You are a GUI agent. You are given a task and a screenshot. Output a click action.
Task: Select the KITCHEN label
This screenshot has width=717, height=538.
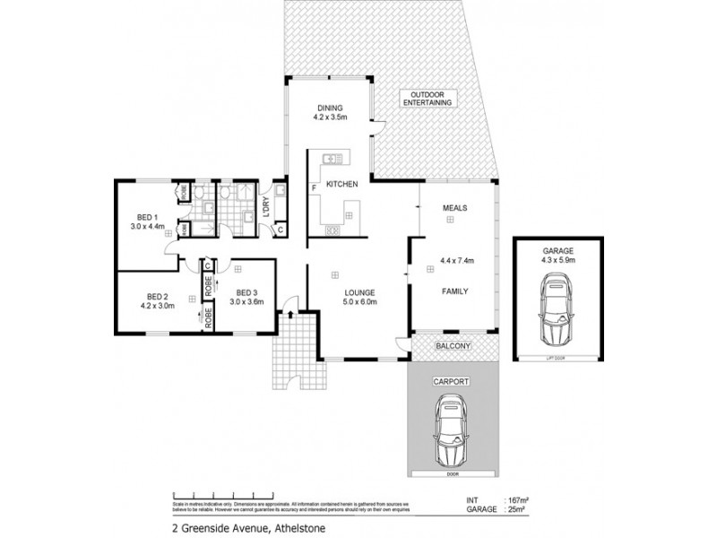click(341, 184)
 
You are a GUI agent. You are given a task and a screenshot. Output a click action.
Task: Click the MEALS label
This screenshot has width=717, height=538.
click(455, 208)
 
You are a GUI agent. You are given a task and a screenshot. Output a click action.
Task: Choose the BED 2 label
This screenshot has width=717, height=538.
click(158, 297)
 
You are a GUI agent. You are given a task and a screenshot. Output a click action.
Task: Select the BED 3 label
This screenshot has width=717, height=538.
click(247, 292)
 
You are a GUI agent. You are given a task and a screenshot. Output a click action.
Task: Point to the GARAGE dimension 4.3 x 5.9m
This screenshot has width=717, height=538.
click(557, 260)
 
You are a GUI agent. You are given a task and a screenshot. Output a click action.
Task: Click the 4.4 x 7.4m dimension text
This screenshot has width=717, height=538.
click(456, 261)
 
